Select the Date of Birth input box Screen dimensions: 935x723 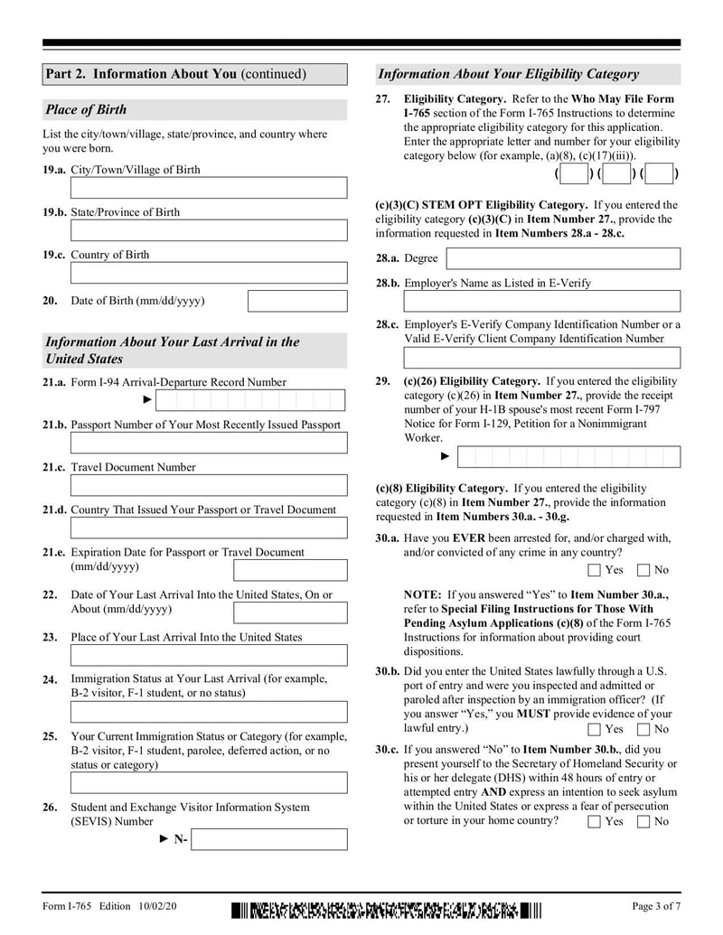tap(296, 301)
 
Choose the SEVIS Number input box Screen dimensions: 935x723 tap(269, 839)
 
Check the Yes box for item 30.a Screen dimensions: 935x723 tap(594, 570)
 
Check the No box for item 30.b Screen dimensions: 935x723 tap(643, 729)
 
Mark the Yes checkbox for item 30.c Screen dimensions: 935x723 tap(594, 821)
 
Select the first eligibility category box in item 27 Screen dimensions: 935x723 tap(573, 173)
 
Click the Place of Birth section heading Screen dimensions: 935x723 tap(86, 110)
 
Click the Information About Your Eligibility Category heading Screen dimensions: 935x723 tap(508, 74)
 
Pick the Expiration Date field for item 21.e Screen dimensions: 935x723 tap(289, 570)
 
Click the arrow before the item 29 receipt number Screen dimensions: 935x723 tap(445, 456)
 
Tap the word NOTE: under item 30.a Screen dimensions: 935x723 tap(423, 595)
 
